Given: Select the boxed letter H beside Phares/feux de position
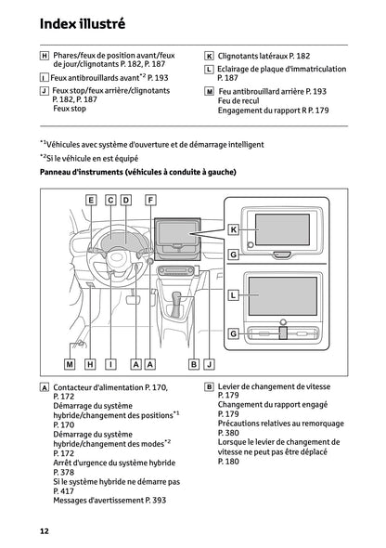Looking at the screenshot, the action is [x=45, y=56].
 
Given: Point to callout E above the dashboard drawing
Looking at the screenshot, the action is [x=92, y=200].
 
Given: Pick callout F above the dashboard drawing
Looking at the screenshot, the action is [x=150, y=200].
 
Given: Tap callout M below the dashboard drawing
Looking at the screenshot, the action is [x=69, y=364].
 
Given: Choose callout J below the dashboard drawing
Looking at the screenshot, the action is [x=209, y=364].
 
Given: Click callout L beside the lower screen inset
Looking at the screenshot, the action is [x=234, y=294].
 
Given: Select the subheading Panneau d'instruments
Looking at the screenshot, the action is [x=137, y=172].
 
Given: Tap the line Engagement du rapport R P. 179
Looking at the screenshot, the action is [x=273, y=111].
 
